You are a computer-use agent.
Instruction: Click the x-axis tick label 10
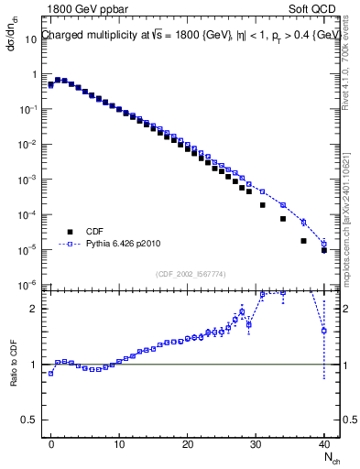119,442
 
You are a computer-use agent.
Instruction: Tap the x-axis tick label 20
188,442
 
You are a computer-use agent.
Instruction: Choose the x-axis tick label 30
256,442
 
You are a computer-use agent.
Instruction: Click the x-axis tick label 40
323,442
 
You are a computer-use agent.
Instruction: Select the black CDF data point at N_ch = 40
324,250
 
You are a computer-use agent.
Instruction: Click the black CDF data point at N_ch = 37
303,241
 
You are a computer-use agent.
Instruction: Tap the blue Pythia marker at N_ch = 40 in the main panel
324,244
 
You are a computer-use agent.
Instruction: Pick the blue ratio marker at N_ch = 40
324,331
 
